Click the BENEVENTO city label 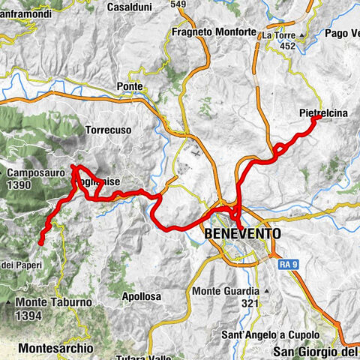pyautogui.click(x=242, y=234)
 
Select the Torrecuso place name pyautogui.click(x=109, y=130)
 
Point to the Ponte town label pyautogui.click(x=129, y=86)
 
